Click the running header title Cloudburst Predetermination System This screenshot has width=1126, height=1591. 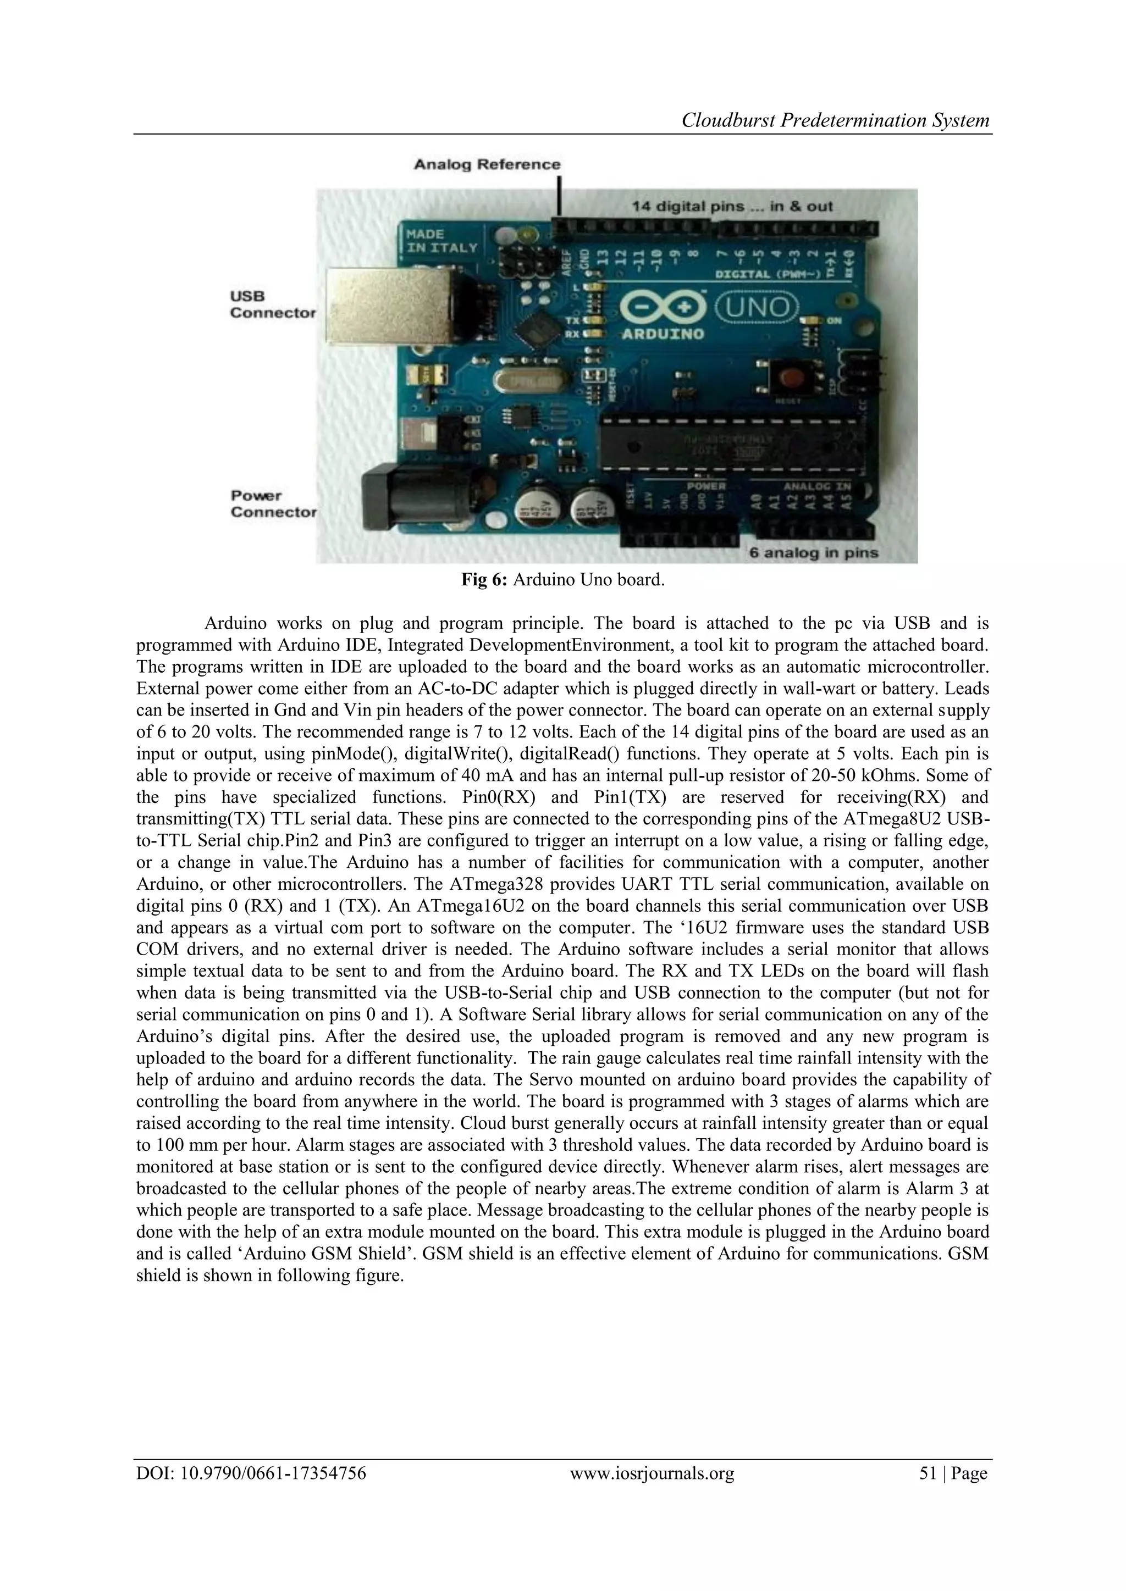coord(836,120)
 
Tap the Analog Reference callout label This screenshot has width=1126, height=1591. coord(487,165)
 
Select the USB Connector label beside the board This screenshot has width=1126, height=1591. coord(273,304)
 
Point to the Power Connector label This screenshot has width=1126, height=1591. coord(273,504)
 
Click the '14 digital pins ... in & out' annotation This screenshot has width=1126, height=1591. coord(731,207)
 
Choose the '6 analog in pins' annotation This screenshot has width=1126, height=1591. coord(813,553)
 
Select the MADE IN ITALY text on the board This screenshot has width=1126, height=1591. coord(441,241)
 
